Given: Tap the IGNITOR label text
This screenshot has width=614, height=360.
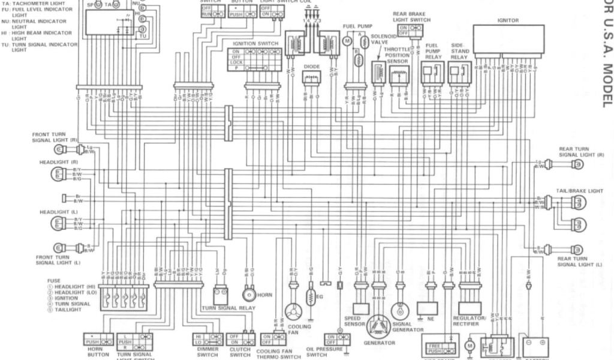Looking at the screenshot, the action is pos(507,20).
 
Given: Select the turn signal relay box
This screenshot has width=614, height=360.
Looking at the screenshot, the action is pos(221,295).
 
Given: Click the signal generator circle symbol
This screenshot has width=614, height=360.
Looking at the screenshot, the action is pos(400,310).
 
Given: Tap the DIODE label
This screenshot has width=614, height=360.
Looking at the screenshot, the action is pos(312,67).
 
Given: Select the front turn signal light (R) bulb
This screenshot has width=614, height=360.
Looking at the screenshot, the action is pos(60,149).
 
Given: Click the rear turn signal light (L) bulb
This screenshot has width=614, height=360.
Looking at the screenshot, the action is pos(577,248).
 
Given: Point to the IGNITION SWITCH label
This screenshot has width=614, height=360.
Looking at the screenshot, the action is pos(255,44).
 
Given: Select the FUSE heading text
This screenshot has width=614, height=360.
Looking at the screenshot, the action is pos(53,280).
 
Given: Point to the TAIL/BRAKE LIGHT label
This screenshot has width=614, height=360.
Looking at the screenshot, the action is pos(579,190).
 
